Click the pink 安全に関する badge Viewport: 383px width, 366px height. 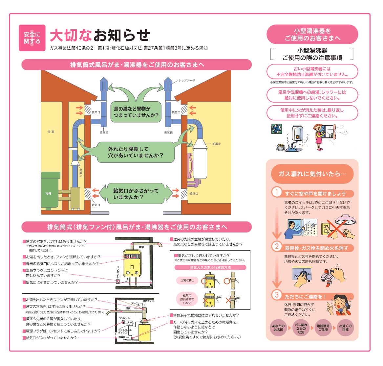[32, 38]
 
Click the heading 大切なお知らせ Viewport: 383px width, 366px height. [100, 35]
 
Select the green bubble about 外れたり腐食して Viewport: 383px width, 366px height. [135, 152]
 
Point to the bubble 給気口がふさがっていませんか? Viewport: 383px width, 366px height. [136, 194]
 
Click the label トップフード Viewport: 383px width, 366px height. [187, 80]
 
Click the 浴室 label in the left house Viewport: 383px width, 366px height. [51, 132]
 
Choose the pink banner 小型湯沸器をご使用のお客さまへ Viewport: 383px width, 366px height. [312, 35]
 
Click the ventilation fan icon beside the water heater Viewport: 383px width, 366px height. [277, 129]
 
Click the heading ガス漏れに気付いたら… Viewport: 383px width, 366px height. [312, 174]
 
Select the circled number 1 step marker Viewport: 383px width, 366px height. [277, 192]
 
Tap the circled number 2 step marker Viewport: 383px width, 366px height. [277, 246]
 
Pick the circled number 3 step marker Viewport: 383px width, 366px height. [277, 295]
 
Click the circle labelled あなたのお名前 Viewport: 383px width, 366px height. [278, 328]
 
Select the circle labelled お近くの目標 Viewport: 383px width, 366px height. [345, 328]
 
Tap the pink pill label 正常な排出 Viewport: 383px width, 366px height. [187, 281]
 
